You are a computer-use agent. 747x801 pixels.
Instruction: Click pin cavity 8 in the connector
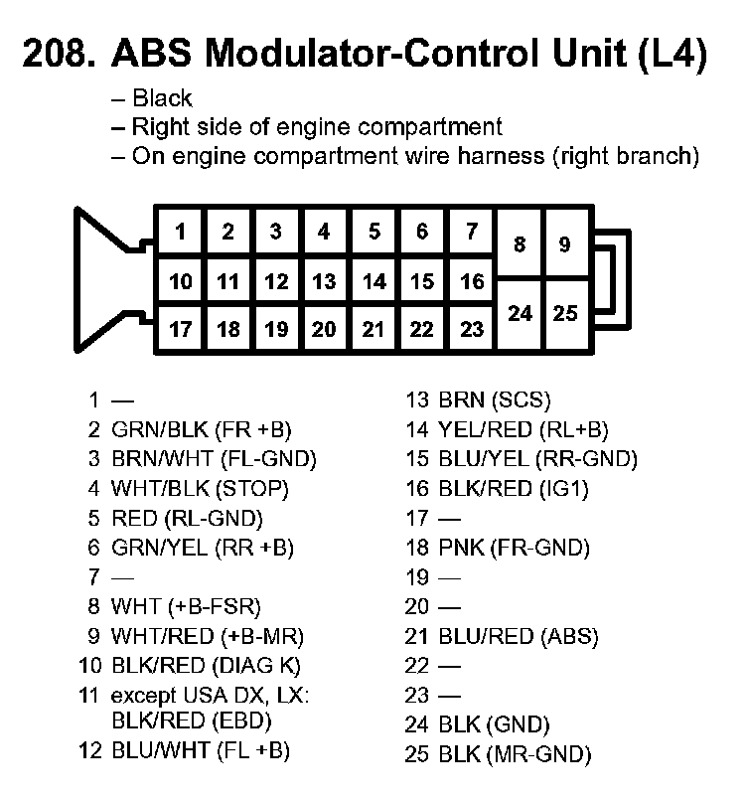(x=520, y=243)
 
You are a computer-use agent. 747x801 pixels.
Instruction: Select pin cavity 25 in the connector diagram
(x=566, y=313)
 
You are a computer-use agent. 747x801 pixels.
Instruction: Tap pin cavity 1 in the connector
(x=180, y=233)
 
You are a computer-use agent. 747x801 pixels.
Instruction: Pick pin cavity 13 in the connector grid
(x=324, y=281)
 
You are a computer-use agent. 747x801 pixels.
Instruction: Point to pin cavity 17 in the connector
(x=180, y=329)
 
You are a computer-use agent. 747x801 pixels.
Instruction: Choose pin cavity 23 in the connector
(x=472, y=329)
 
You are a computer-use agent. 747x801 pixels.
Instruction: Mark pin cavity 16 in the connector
(x=472, y=281)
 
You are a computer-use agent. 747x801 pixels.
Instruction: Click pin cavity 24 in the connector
(x=520, y=313)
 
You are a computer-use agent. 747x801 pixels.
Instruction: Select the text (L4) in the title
(x=671, y=55)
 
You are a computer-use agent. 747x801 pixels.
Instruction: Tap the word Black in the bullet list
(x=162, y=98)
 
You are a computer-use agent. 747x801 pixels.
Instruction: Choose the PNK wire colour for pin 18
(x=457, y=548)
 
